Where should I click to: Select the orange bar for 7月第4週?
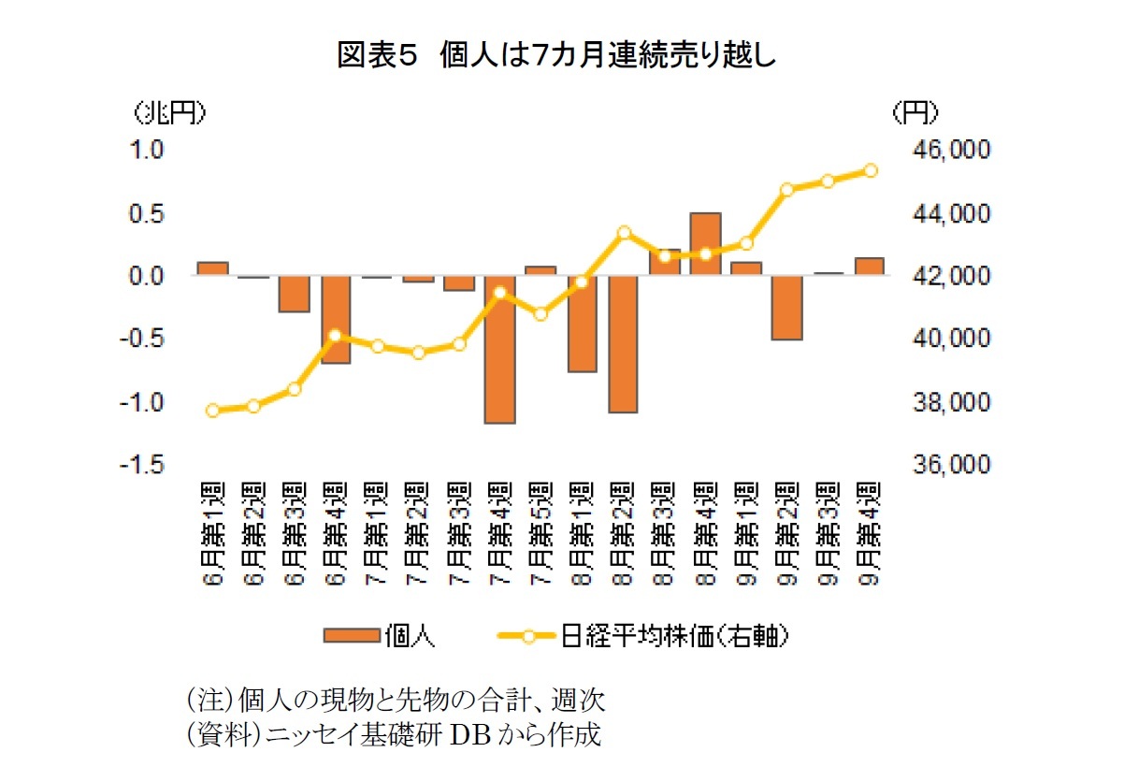point(500,350)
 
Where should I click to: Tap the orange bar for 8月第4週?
point(705,244)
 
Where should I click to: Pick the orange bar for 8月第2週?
point(623,344)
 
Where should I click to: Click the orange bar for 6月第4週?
point(336,320)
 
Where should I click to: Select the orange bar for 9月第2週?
point(787,308)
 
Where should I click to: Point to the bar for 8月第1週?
point(582,324)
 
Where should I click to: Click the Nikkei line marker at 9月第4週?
point(870,170)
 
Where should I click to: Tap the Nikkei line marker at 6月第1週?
point(213,411)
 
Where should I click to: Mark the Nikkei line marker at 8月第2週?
point(624,233)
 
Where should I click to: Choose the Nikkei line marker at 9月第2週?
point(787,190)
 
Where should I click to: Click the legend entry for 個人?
point(378,637)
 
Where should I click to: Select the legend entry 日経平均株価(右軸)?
point(645,637)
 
